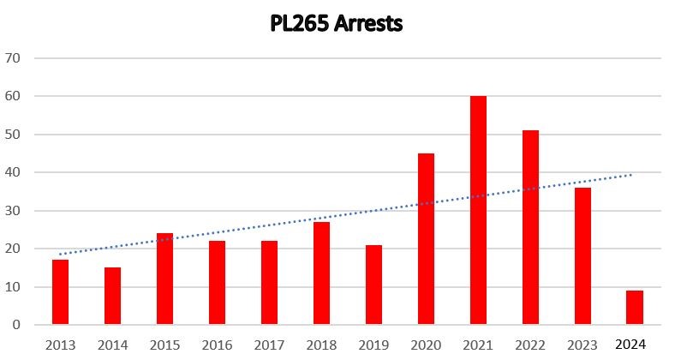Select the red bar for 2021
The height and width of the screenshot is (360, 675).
click(478, 211)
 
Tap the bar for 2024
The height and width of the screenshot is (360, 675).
click(635, 308)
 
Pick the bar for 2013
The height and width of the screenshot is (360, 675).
click(60, 292)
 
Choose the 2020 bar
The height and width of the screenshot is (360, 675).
click(426, 239)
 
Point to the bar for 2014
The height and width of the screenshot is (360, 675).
click(112, 297)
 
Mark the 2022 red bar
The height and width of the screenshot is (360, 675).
click(530, 228)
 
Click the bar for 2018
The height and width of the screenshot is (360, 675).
click(321, 273)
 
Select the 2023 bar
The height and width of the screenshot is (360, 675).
click(582, 256)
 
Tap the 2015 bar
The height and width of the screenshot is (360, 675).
click(164, 279)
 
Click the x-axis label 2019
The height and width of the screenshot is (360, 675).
click(373, 345)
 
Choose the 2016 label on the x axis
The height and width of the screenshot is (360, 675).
click(217, 345)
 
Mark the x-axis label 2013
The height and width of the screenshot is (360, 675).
click(60, 345)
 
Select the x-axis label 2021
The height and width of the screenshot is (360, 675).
click(478, 345)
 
